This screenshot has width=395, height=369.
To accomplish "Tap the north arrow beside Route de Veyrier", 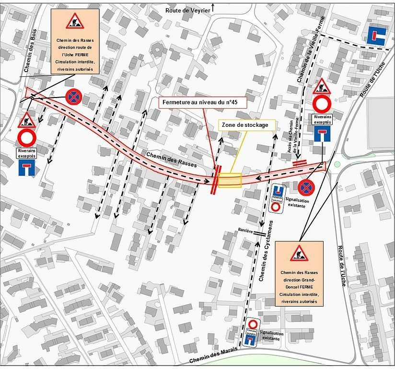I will click(214, 7).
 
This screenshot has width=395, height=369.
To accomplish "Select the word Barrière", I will click(245, 231).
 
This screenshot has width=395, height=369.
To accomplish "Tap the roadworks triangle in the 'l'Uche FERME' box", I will click(75, 21).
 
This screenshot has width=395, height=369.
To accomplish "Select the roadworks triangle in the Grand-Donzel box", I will click(299, 252).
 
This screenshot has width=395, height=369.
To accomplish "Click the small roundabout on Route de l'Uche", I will click(337, 164).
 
